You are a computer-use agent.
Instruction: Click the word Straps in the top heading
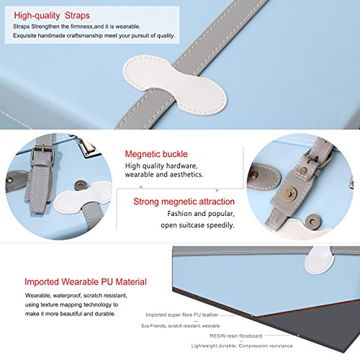click(77, 16)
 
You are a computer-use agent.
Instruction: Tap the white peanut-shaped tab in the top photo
click(175, 84)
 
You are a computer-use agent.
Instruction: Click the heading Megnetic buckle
click(156, 154)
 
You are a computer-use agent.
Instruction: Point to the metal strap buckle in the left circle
click(43, 153)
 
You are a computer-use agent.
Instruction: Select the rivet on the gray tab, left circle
click(11, 179)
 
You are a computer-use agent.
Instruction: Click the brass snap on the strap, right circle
click(289, 192)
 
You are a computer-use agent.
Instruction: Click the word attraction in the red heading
click(213, 202)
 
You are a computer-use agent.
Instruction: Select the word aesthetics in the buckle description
click(184, 174)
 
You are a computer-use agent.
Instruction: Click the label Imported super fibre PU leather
click(181, 315)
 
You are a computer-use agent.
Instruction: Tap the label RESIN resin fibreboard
click(236, 336)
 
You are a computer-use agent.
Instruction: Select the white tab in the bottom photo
click(319, 260)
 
